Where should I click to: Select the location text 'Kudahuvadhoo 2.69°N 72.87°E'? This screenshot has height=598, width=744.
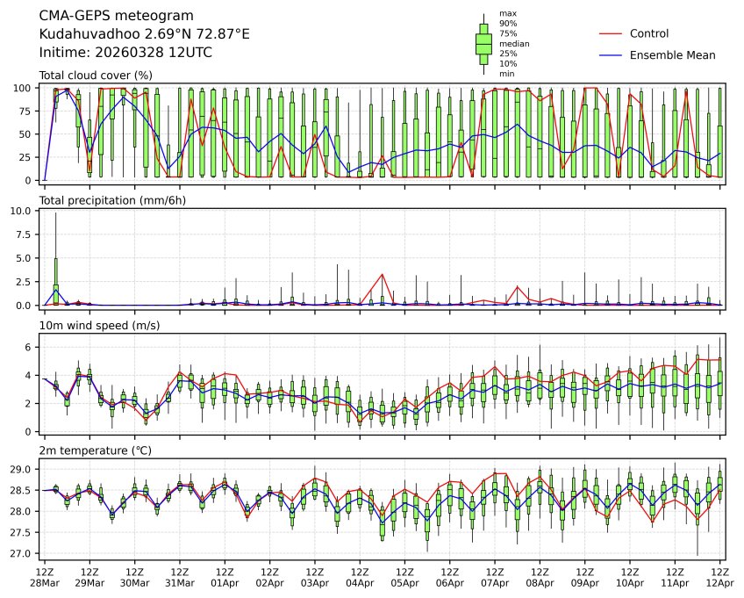(x=145, y=34)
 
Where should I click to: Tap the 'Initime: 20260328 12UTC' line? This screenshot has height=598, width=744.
(x=125, y=53)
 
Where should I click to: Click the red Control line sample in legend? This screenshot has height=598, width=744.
(x=611, y=33)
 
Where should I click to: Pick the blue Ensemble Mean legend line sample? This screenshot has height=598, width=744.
(x=611, y=55)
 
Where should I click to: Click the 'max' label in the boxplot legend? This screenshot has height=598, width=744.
(x=506, y=13)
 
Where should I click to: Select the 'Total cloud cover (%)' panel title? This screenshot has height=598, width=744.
(x=96, y=76)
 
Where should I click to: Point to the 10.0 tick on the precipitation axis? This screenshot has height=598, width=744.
(x=24, y=212)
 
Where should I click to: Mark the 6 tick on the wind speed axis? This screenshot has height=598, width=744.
(x=29, y=348)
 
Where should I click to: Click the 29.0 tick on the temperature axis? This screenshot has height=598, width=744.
(x=22, y=470)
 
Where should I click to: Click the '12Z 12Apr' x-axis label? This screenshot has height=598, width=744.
(x=719, y=577)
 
